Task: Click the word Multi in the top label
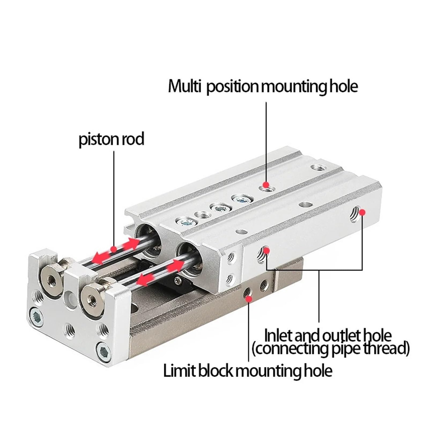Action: pos(184,86)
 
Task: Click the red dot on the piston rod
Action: pos(114,249)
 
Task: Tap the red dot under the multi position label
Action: pos(266,184)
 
